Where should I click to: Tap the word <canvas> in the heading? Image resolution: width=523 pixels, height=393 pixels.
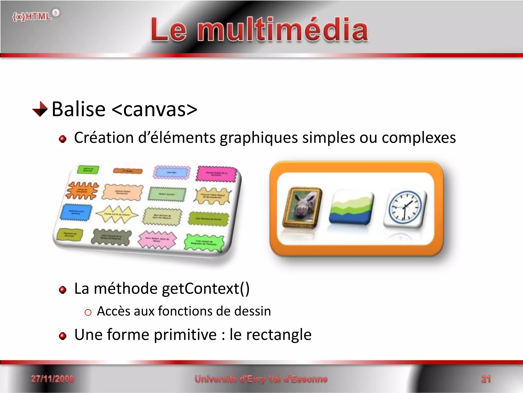(154, 109)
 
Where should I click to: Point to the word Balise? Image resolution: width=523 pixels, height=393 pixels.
(79, 109)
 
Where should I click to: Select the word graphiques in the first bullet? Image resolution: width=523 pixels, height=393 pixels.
(259, 138)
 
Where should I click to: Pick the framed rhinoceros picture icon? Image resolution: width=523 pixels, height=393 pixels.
(302, 208)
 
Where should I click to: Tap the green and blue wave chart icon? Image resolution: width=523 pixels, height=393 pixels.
(351, 208)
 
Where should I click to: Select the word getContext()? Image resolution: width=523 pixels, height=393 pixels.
(206, 289)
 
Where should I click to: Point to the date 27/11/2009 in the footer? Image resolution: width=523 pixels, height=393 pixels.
(52, 379)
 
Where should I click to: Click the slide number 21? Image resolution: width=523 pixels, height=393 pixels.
(486, 379)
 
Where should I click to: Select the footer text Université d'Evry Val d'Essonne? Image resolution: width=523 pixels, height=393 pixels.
(261, 379)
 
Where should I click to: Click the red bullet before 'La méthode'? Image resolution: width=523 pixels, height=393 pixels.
(63, 290)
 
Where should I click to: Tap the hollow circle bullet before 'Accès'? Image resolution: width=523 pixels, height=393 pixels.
(88, 312)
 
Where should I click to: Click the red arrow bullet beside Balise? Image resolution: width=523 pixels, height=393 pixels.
(40, 109)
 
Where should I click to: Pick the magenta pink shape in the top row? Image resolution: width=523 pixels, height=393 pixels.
(217, 174)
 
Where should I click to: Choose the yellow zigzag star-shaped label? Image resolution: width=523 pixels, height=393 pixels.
(117, 214)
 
